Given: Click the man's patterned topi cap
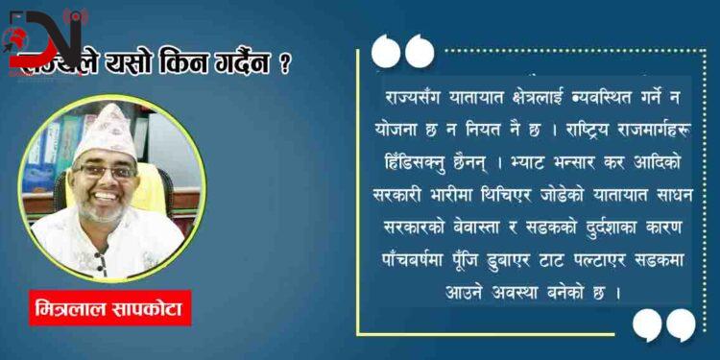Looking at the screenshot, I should pos(103,128).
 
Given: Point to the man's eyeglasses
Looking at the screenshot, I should pos(107,170).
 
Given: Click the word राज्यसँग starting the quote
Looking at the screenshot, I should pos(412,97).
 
